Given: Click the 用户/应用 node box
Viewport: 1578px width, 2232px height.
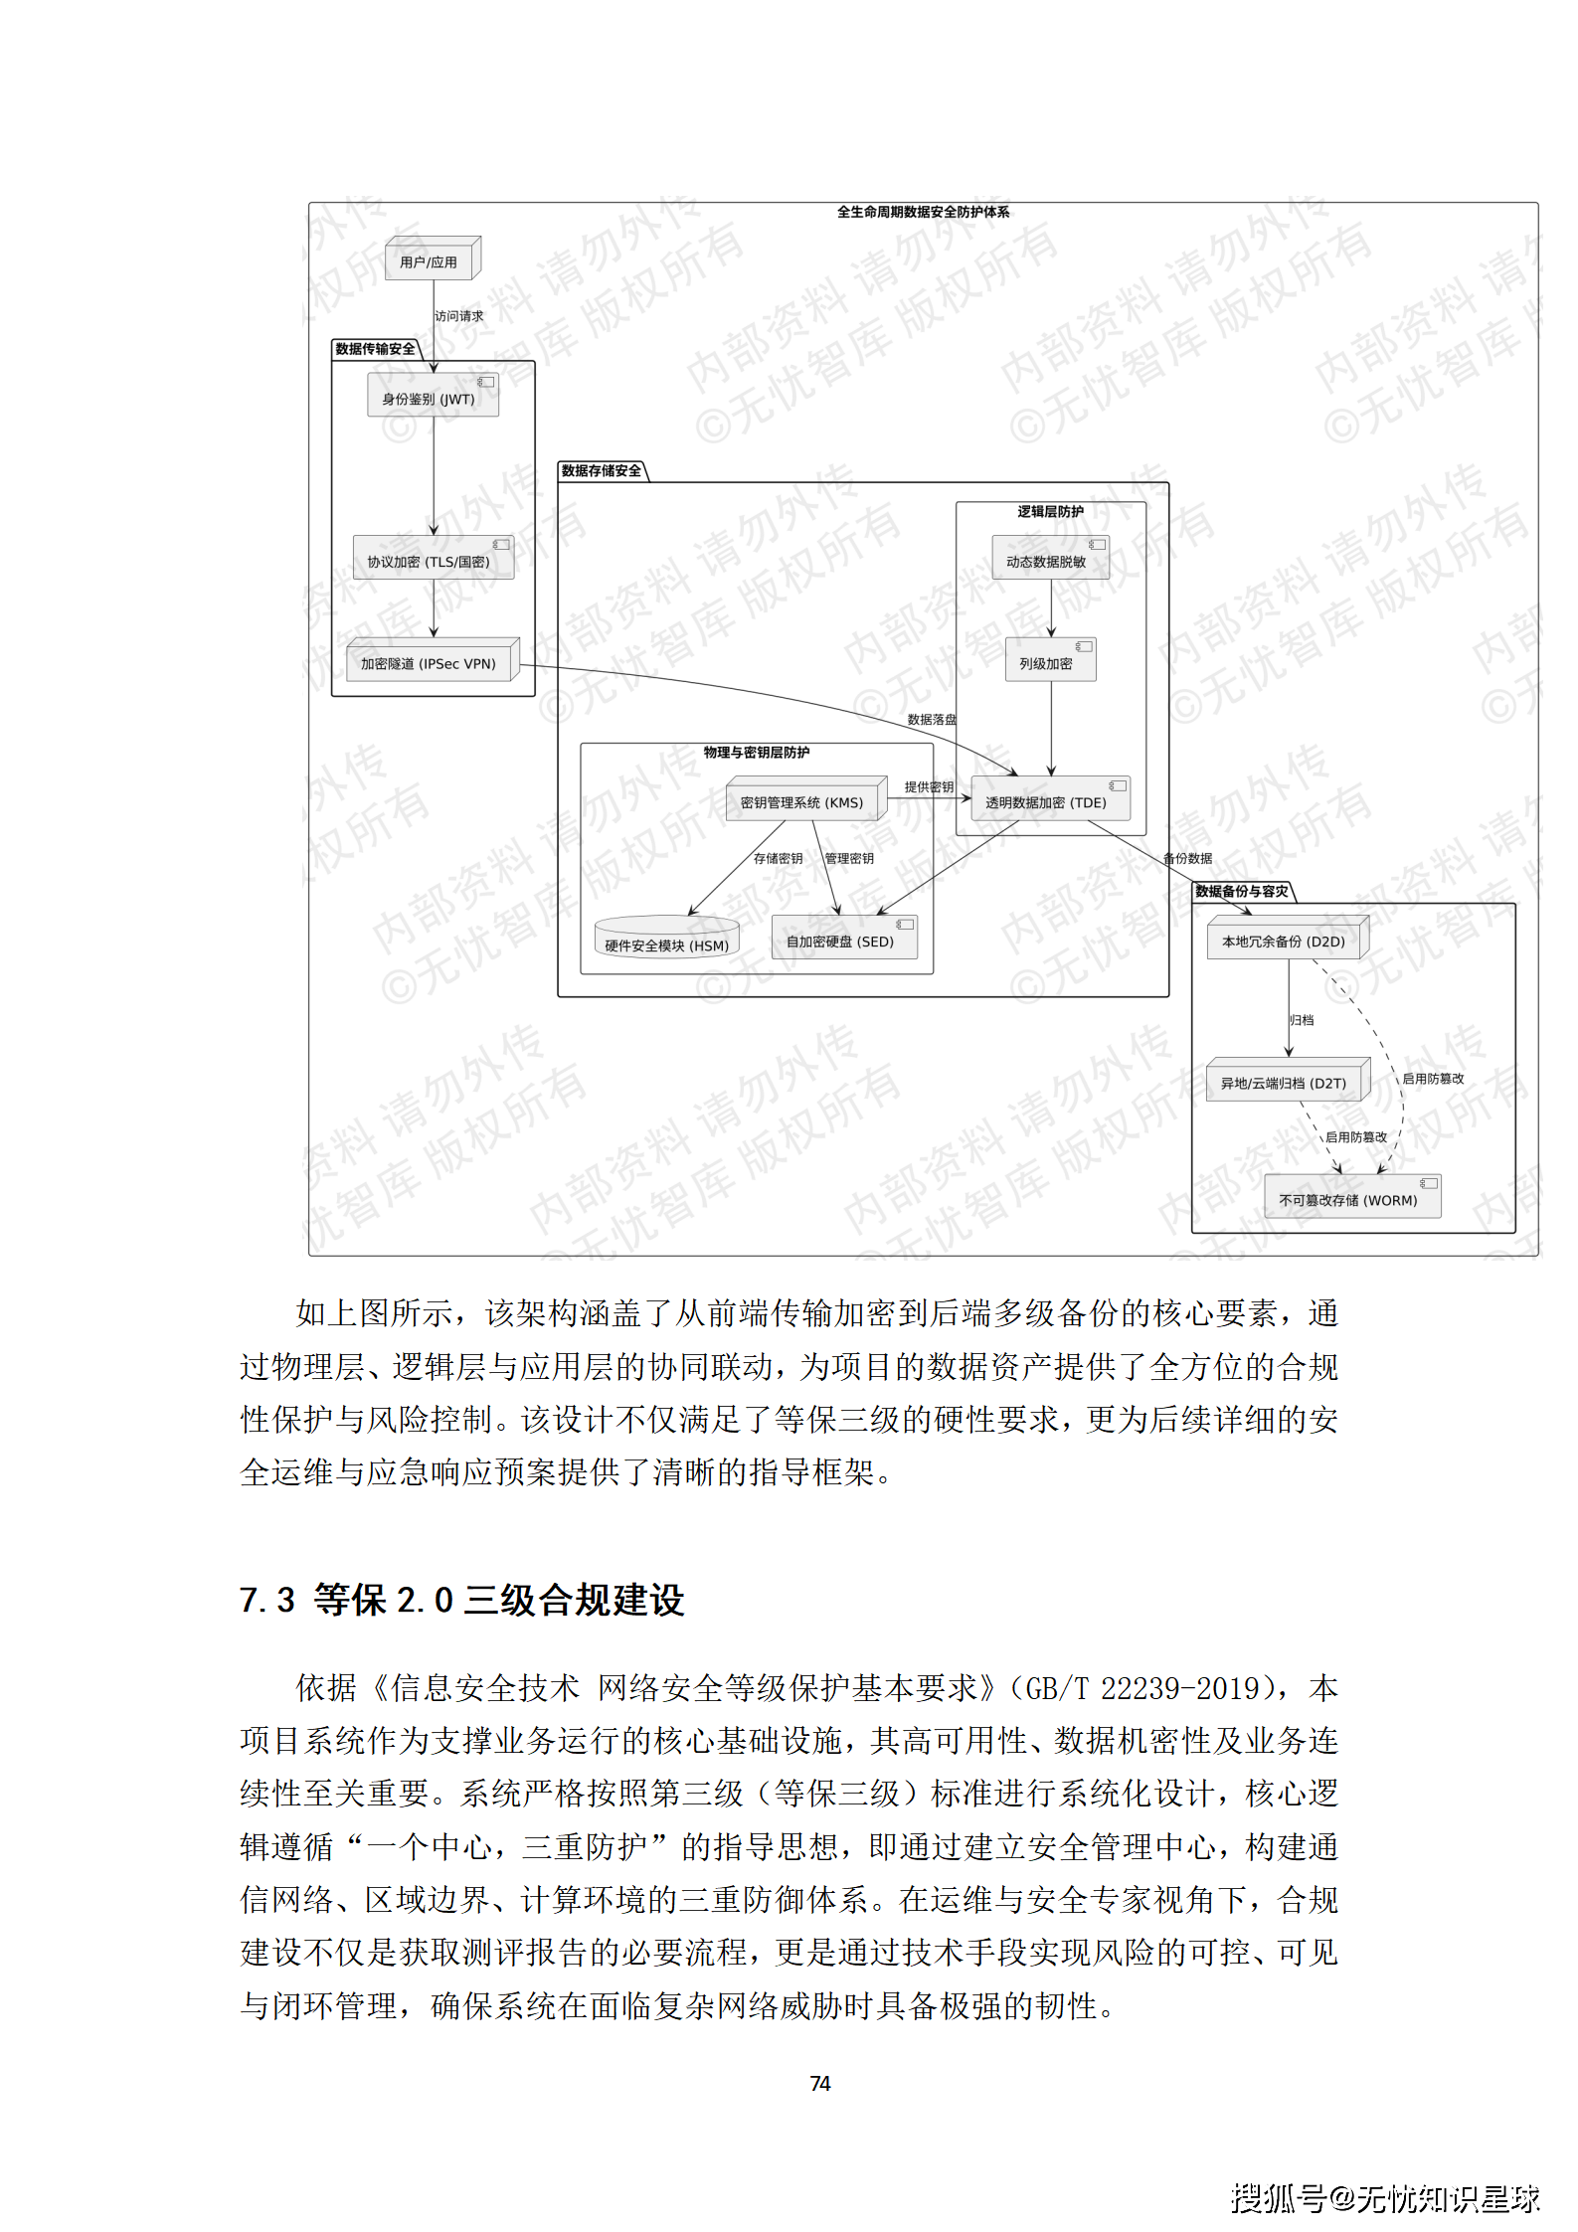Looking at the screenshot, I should click(430, 261).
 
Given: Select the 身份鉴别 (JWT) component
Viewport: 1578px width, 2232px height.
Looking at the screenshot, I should click(433, 398).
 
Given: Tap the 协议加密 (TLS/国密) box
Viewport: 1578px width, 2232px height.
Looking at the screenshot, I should click(433, 561).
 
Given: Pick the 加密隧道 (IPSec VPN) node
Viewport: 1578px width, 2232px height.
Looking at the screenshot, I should click(430, 663).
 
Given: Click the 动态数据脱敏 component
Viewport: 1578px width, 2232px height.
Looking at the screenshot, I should click(1049, 561).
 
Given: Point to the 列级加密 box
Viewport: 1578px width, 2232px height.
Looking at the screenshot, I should click(1049, 662).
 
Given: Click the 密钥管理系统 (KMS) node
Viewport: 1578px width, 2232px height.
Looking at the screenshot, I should click(803, 801).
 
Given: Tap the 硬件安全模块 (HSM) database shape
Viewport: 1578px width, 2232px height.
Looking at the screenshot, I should click(666, 941).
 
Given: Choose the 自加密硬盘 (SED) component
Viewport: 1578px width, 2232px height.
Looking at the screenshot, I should click(842, 941).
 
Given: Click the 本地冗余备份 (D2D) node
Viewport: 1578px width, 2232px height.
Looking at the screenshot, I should click(1285, 941).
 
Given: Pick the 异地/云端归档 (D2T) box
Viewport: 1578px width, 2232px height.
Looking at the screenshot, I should click(1285, 1083).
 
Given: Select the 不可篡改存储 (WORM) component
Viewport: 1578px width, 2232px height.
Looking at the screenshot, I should click(1350, 1199).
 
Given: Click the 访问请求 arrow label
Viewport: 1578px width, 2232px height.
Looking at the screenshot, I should click(459, 316).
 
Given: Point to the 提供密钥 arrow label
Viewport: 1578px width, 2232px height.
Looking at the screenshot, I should click(928, 786).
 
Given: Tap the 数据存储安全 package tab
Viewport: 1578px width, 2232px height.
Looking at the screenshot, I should click(602, 471).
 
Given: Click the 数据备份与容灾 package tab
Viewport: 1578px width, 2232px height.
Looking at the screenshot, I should click(1242, 891).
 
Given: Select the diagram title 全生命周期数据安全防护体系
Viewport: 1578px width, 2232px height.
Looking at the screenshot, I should click(923, 212).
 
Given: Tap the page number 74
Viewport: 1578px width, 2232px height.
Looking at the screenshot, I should click(820, 2083).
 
